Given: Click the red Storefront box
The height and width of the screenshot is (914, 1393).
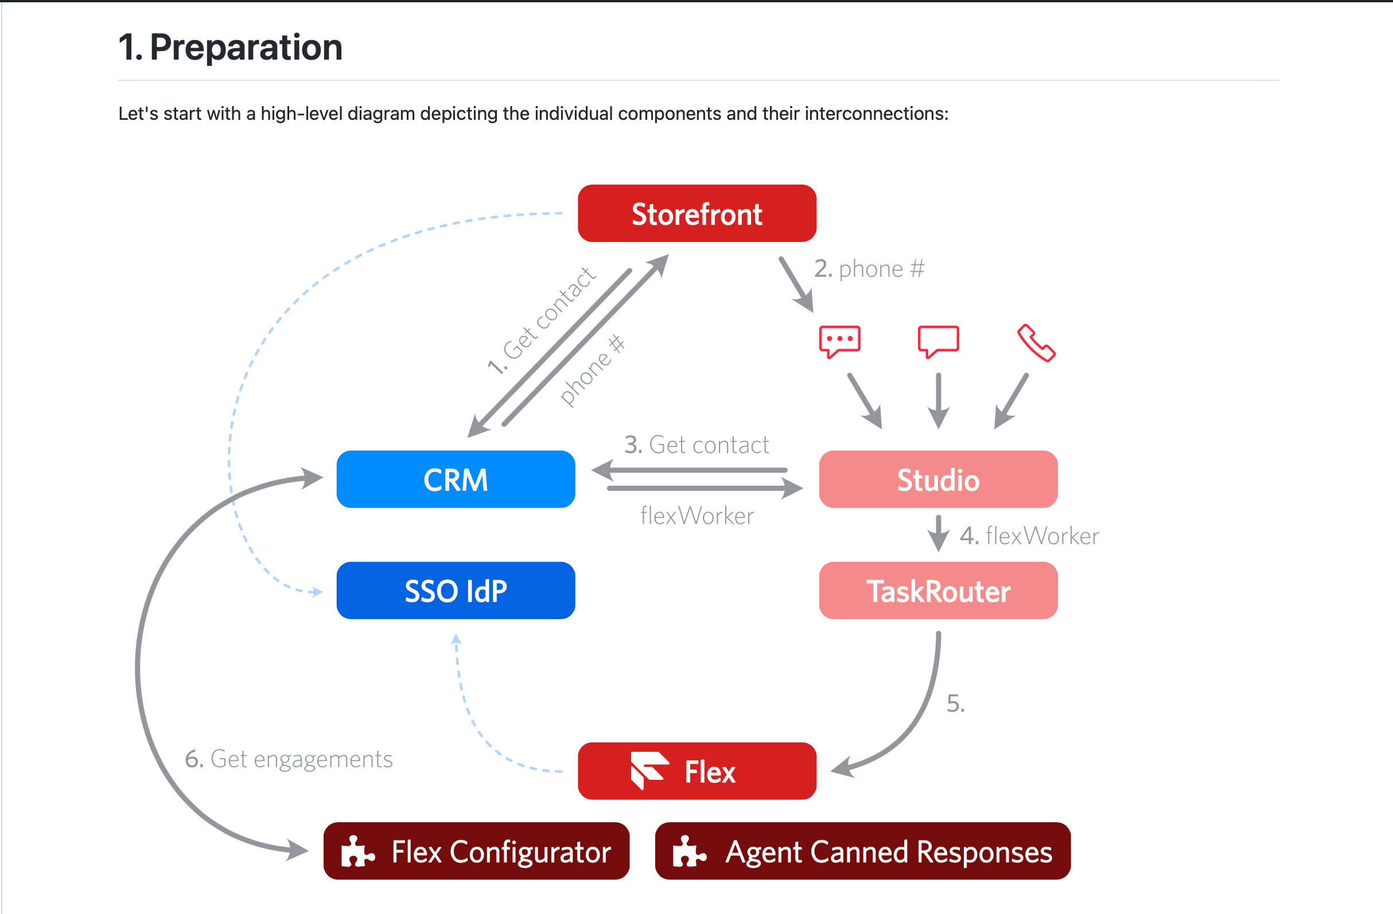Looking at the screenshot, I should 696,213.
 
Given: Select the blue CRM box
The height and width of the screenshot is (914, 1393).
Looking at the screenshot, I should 456,479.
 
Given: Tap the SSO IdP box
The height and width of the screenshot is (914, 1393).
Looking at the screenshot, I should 456,591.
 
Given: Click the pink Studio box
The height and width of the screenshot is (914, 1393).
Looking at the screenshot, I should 937,479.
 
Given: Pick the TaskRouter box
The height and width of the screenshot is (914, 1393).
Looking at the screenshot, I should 937,591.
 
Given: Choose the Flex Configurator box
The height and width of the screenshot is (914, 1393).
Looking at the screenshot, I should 476,851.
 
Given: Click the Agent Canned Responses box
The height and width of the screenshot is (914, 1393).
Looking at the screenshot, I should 862,851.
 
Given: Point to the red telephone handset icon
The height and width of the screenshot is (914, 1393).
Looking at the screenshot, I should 1036,343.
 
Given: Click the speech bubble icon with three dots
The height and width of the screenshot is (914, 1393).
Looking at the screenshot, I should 840,341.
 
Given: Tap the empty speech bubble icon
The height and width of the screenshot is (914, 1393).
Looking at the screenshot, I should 938,341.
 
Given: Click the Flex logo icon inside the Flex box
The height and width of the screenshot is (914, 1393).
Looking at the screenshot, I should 648,770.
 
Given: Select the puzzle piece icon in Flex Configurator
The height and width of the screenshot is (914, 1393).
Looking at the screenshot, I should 357,851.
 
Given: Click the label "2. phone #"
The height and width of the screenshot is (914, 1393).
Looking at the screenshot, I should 869,269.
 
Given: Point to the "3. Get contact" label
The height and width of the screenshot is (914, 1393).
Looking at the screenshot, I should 696,445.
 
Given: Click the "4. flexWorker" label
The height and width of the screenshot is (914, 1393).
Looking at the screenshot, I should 1029,536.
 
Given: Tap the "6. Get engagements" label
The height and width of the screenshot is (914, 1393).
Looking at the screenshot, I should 289,759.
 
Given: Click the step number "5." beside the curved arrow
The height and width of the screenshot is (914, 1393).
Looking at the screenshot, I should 955,704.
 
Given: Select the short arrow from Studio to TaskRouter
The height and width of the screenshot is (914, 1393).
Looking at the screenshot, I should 938,533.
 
